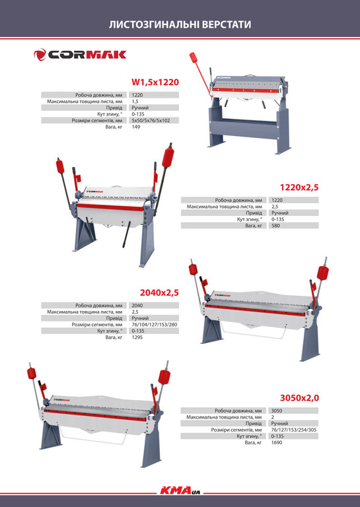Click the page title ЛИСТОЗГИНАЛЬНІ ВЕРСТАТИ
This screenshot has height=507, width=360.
pyautogui.click(x=180, y=24)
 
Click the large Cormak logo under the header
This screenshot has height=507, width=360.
pyautogui.click(x=80, y=55)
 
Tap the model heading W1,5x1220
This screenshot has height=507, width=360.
pyautogui.click(x=155, y=82)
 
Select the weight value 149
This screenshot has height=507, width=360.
pyautogui.click(x=136, y=127)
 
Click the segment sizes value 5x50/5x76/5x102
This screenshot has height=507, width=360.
pyautogui.click(x=151, y=121)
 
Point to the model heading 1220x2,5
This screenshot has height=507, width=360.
pyautogui.click(x=299, y=187)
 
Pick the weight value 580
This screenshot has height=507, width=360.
pyautogui.click(x=275, y=226)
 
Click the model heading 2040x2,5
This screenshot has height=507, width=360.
pyautogui.click(x=159, y=292)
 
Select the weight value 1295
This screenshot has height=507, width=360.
pyautogui.click(x=137, y=337)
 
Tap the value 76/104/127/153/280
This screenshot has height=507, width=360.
pyautogui.click(x=155, y=325)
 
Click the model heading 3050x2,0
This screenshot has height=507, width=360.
pyautogui.click(x=299, y=397)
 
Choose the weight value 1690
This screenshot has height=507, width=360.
pyautogui.click(x=277, y=442)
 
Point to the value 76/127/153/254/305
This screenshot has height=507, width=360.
pyautogui.click(x=294, y=430)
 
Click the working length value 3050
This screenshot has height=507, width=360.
pyautogui.click(x=277, y=411)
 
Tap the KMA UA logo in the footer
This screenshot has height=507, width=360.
pyautogui.click(x=180, y=491)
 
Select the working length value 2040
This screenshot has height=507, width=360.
pyautogui.click(x=137, y=305)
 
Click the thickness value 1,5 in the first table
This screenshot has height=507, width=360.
pyautogui.click(x=135, y=102)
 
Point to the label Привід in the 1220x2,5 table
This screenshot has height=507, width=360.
pyautogui.click(x=254, y=213)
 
